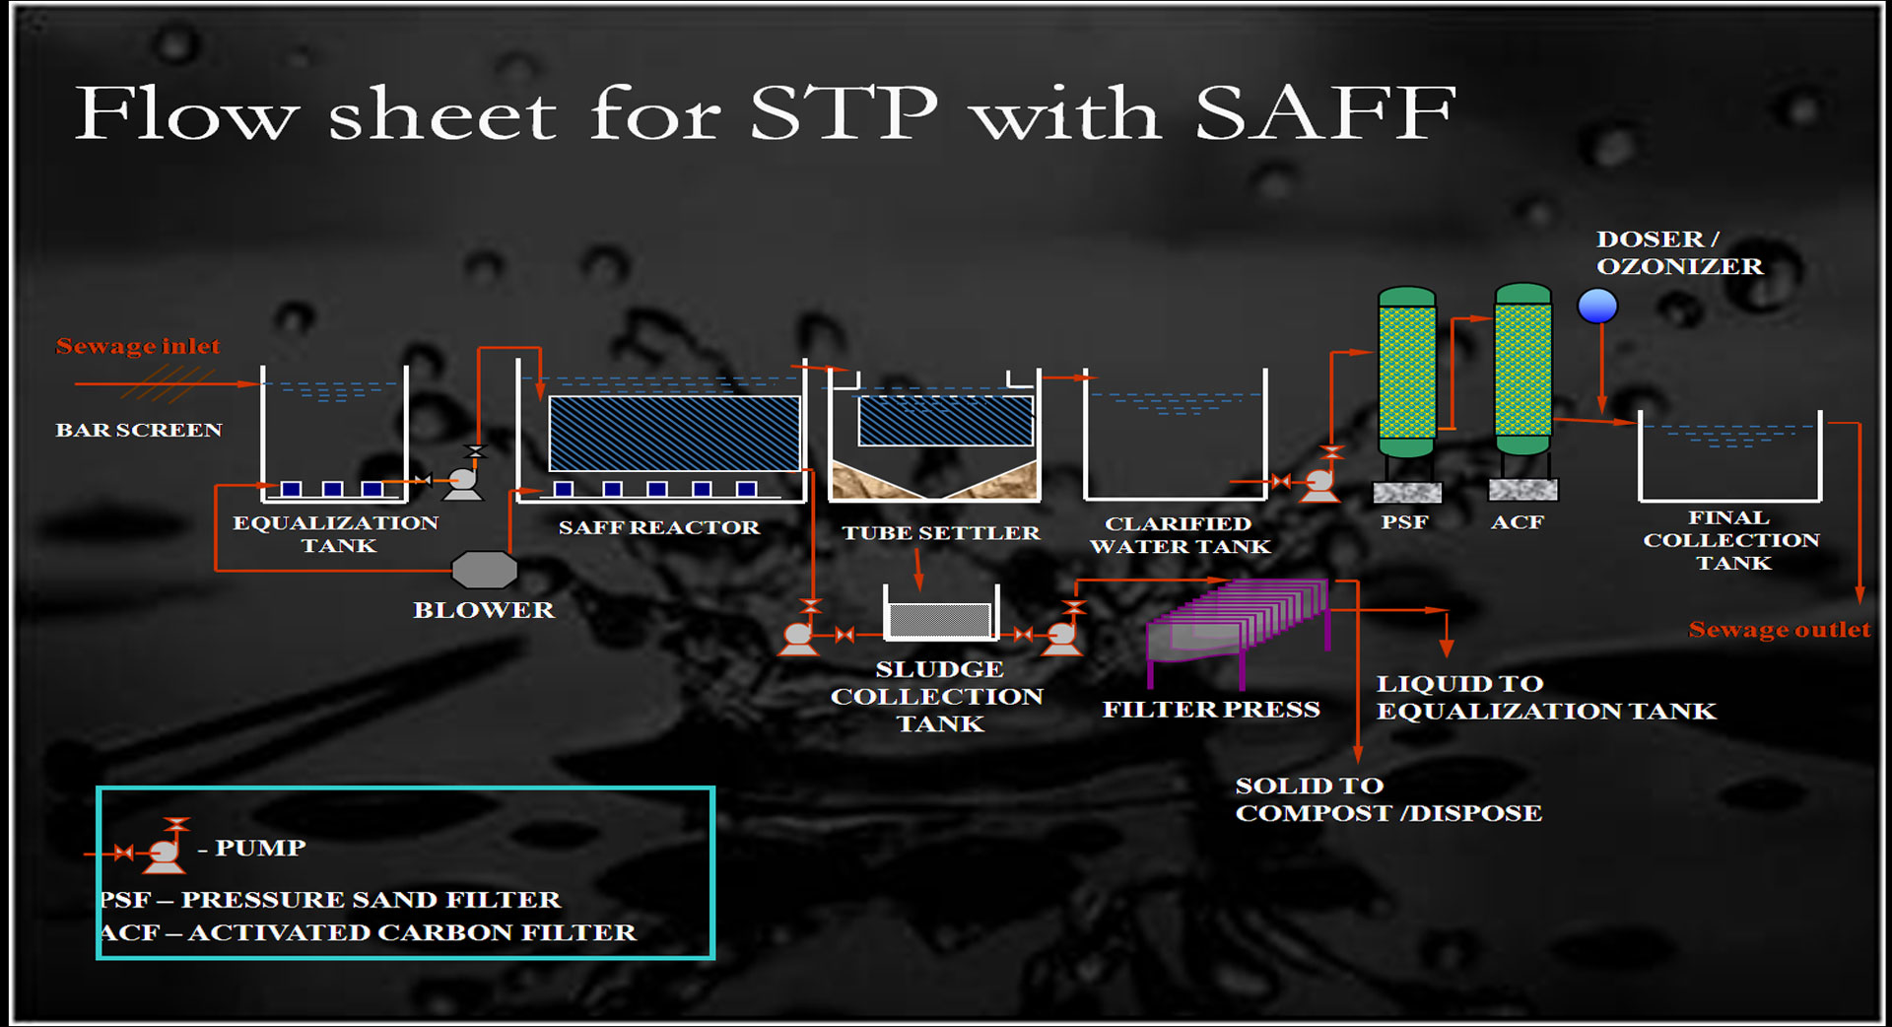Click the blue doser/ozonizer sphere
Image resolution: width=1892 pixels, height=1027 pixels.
1597,306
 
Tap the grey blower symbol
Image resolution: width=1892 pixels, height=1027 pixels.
484,570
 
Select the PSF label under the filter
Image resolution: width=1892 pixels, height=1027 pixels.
1404,521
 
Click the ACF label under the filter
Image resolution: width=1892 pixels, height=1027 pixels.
1518,521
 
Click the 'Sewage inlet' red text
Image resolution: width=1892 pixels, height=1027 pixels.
138,346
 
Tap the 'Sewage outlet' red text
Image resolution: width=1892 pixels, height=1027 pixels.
1779,629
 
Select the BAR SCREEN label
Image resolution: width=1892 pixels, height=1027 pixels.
139,430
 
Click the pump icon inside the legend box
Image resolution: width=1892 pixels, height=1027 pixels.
164,847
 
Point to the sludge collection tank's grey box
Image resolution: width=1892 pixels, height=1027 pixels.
940,620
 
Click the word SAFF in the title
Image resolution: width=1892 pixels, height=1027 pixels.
1325,112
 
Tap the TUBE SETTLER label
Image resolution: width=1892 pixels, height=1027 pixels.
940,532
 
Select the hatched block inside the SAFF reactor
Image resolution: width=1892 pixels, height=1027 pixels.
674,433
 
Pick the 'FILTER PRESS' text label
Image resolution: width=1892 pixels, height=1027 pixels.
1211,709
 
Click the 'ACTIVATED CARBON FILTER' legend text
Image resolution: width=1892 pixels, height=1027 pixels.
412,932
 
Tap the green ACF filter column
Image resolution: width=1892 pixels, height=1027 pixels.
1522,369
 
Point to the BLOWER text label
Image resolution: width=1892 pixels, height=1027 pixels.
484,610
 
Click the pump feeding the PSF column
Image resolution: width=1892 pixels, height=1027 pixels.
1319,477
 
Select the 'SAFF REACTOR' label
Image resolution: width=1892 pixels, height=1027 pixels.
659,527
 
